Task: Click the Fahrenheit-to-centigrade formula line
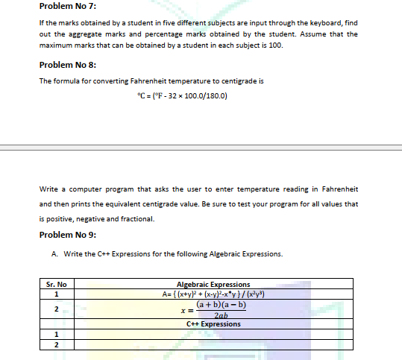click(x=178, y=95)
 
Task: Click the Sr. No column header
click(x=56, y=285)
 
